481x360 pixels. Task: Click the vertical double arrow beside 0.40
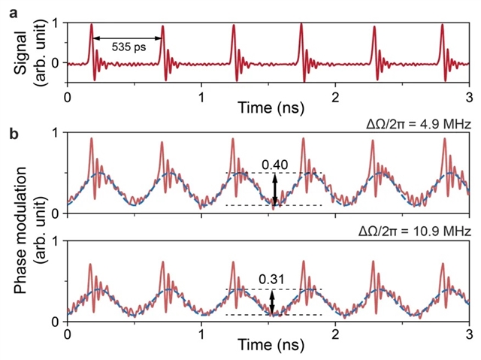pyautogui.click(x=274, y=189)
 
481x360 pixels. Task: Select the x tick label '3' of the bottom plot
pyautogui.click(x=469, y=334)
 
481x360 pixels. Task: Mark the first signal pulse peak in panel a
pyautogui.click(x=92, y=25)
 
